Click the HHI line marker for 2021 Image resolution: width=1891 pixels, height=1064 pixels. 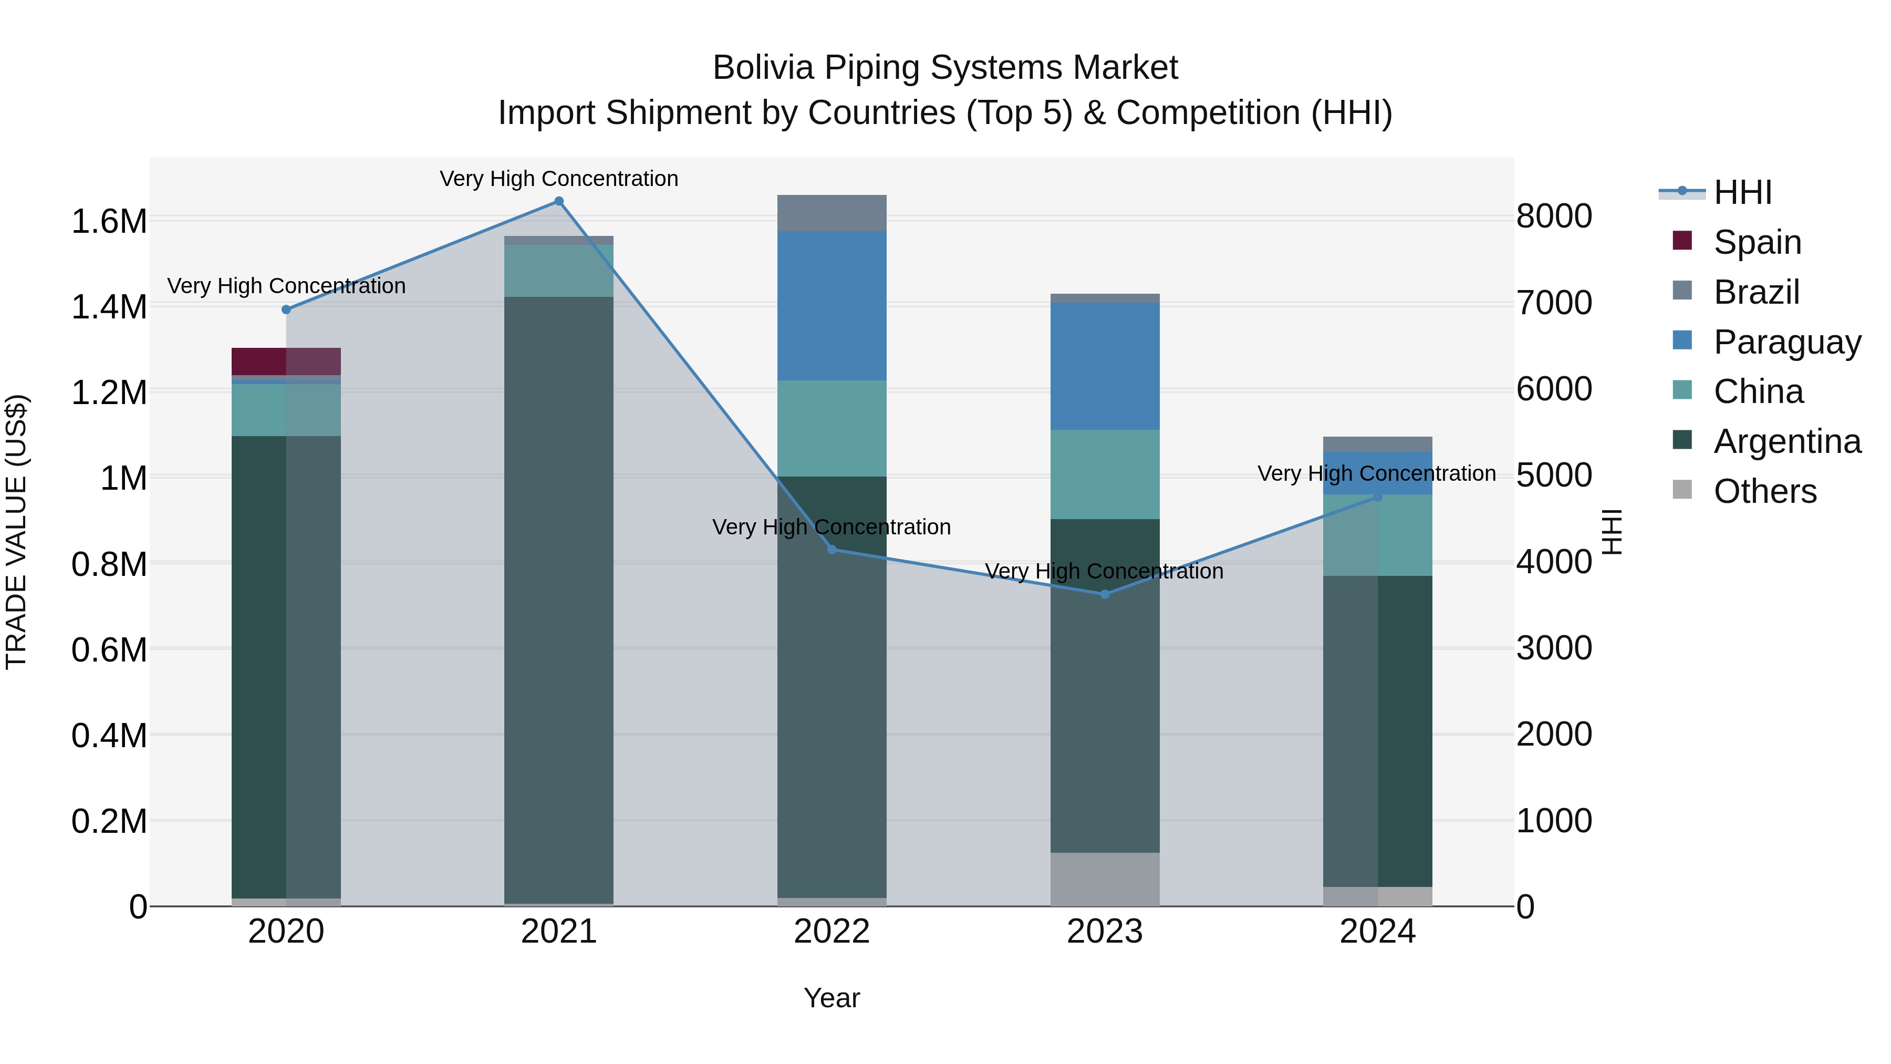pyautogui.click(x=559, y=201)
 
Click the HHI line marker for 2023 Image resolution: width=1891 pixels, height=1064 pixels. pyautogui.click(x=1105, y=594)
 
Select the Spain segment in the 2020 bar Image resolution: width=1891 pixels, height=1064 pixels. pyautogui.click(x=286, y=361)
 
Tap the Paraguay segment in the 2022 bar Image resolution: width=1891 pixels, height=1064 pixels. pyautogui.click(x=832, y=305)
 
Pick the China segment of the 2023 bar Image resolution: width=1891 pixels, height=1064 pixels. pyautogui.click(x=1105, y=474)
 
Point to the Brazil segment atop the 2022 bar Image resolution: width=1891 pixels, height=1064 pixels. pyautogui.click(x=832, y=213)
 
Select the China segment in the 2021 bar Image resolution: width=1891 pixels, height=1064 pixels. pyautogui.click(x=559, y=270)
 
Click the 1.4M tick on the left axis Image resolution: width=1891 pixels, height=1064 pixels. pyautogui.click(x=109, y=306)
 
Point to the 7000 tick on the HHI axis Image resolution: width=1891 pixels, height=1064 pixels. pyautogui.click(x=1553, y=303)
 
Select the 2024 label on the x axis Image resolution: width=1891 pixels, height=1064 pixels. pyautogui.click(x=1377, y=932)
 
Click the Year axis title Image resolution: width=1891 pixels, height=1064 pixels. pyautogui.click(x=832, y=998)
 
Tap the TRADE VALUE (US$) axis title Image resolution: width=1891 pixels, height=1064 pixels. pyautogui.click(x=16, y=532)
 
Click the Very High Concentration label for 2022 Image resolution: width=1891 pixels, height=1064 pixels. pyautogui.click(x=832, y=527)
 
